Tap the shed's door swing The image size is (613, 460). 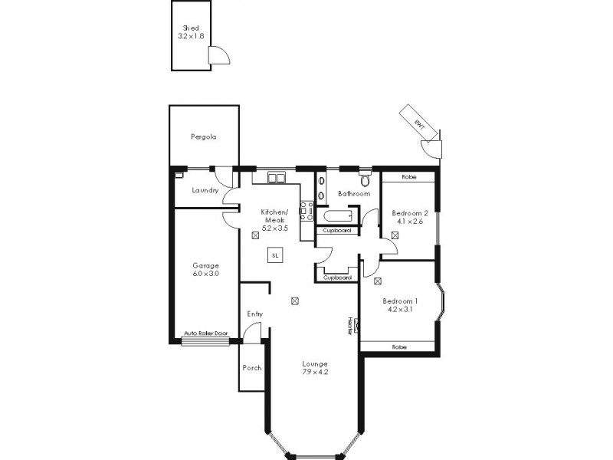click(220, 55)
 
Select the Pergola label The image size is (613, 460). click(203, 137)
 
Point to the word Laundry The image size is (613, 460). click(205, 190)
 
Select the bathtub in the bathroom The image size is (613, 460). click(338, 216)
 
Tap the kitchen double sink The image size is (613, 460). click(277, 178)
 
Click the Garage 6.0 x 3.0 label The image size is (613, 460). click(205, 269)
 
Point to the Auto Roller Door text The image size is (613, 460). click(206, 333)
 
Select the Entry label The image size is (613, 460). click(254, 314)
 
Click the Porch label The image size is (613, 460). click(251, 368)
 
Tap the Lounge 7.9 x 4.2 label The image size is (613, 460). click(314, 368)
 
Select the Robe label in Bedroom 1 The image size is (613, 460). click(398, 347)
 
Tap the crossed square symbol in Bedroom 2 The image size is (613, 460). click(394, 235)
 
